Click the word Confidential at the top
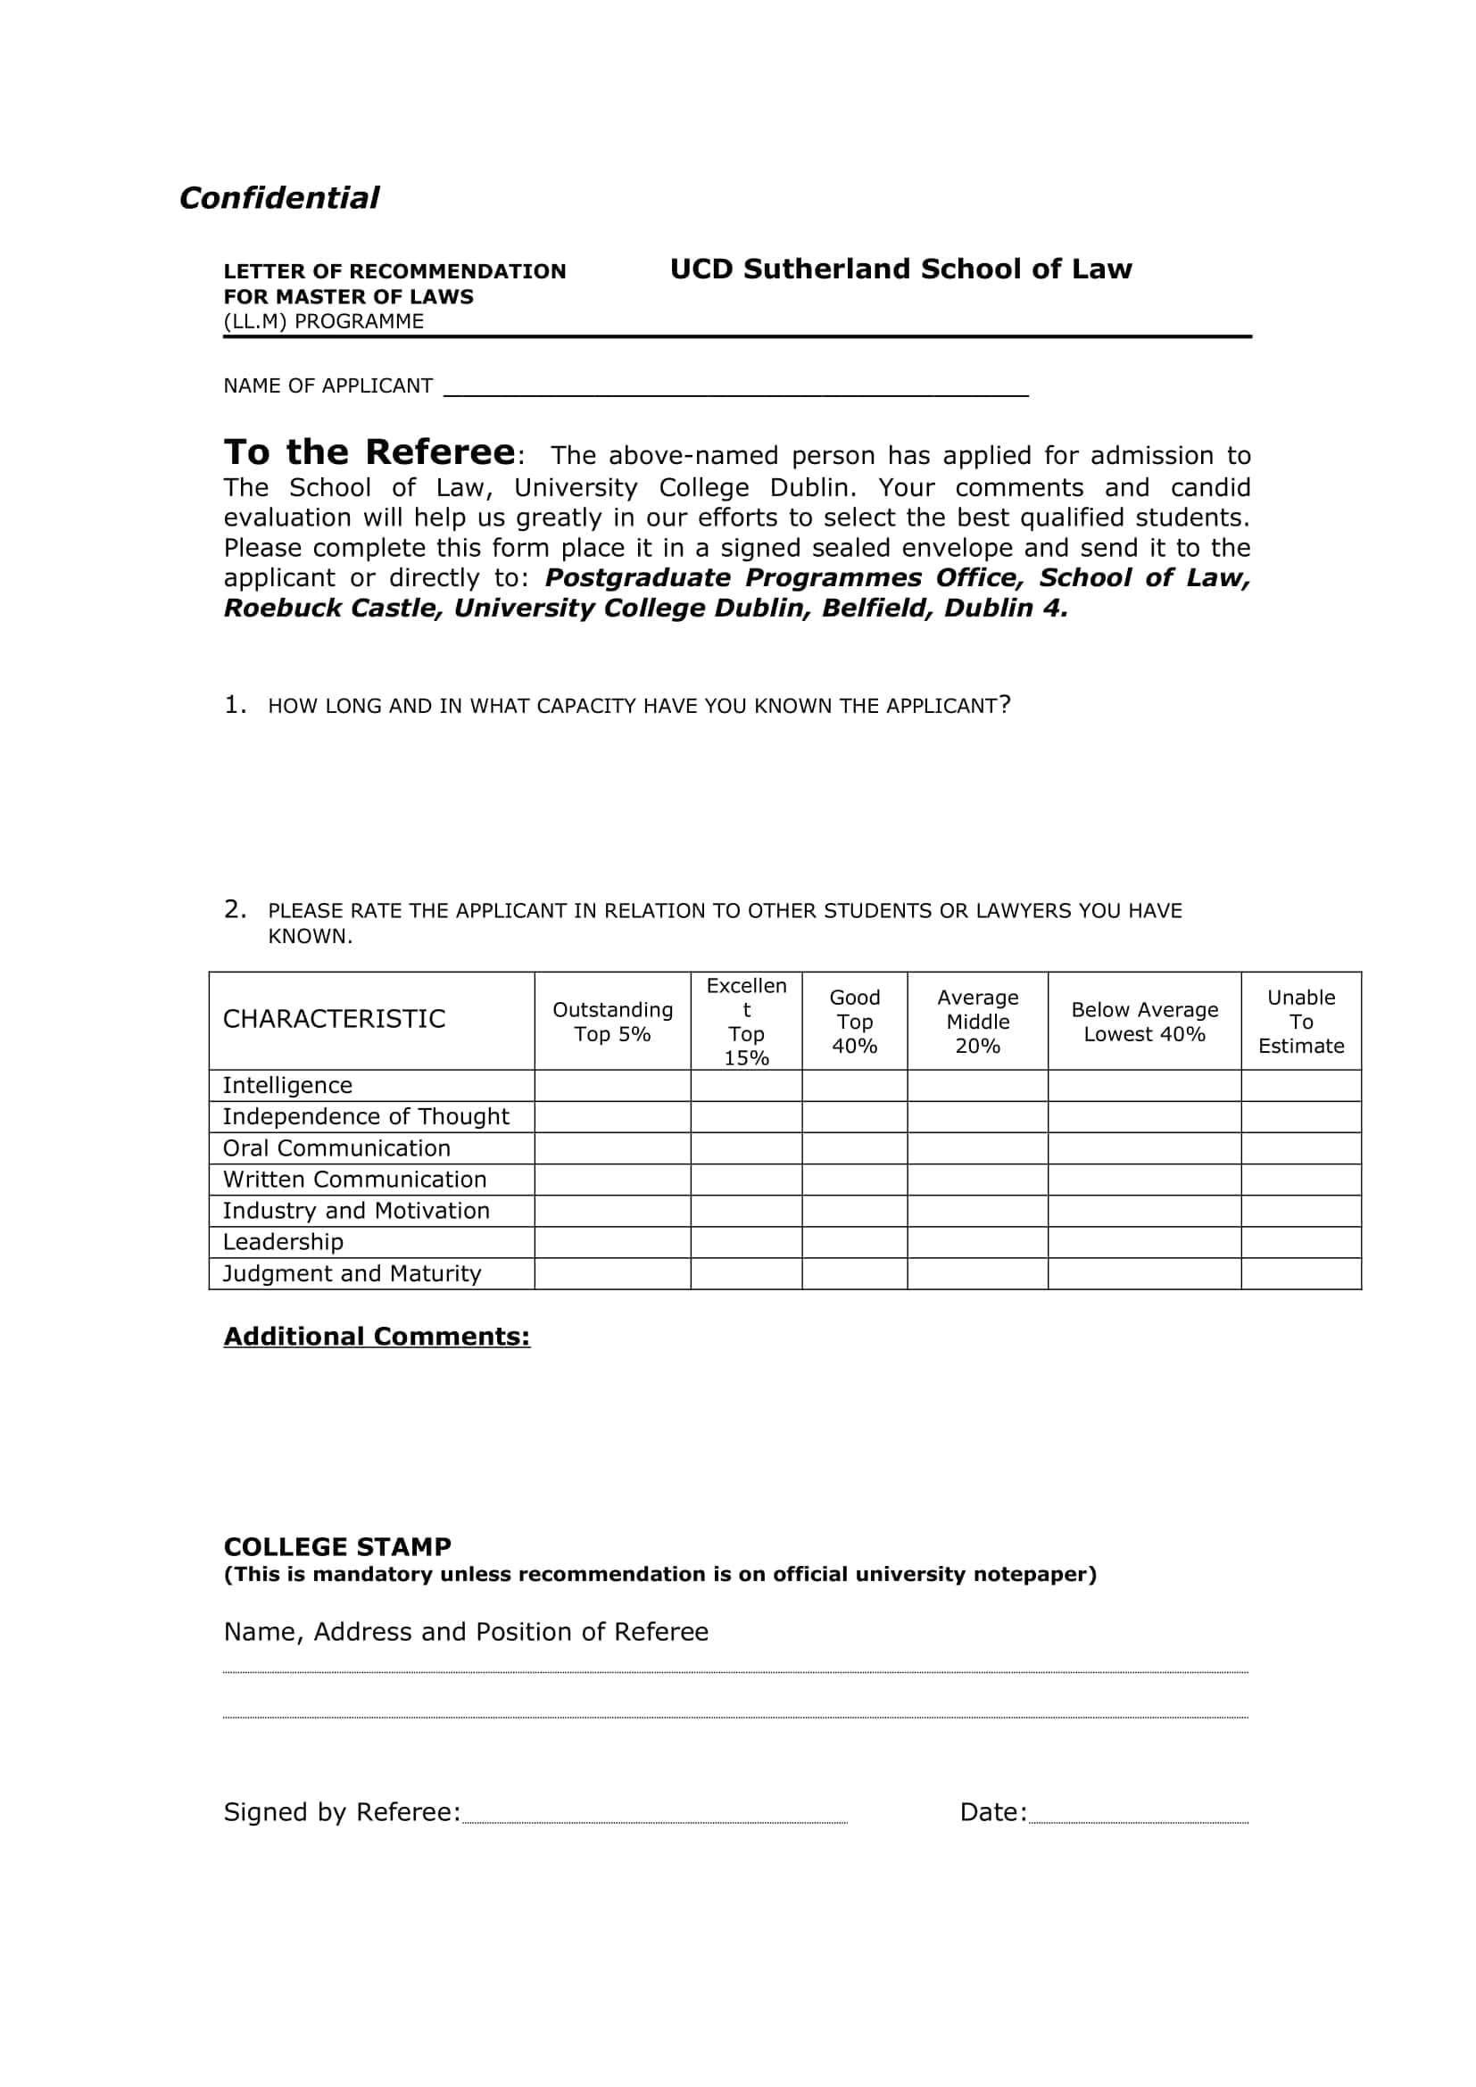pos(279,198)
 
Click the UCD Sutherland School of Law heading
pos(900,269)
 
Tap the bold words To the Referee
pos(369,452)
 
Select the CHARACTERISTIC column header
pos(335,1019)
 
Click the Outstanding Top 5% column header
pos(611,1022)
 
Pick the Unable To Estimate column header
pos(1299,1022)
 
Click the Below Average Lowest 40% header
pos(1143,1022)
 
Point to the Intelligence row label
pos(287,1085)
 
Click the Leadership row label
pos(283,1242)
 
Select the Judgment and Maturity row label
pos(352,1273)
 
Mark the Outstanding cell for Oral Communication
pos(611,1148)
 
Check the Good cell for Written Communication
pos(853,1180)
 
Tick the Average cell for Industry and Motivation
pos(977,1211)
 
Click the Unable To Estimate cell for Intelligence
pos(1299,1085)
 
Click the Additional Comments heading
pos(377,1337)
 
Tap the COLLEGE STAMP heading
pos(337,1547)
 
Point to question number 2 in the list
pos(235,909)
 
